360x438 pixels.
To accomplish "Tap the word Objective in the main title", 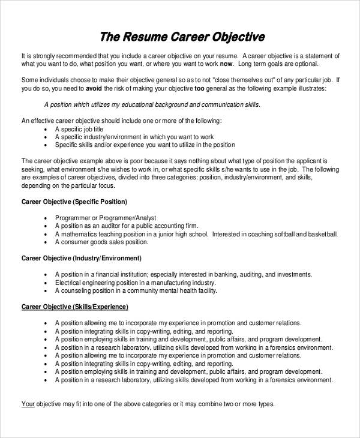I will pos(237,37).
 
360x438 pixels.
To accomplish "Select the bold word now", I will pos(226,64).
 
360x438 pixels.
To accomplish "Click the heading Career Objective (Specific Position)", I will pos(74,202).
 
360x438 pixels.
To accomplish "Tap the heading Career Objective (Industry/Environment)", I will pos(82,258).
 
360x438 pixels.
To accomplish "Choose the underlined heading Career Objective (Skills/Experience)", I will pos(75,307).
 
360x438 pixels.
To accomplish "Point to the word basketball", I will pos(321,234).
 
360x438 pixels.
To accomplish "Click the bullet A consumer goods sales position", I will pos(101,242).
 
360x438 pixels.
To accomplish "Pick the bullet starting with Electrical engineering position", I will pos(135,282).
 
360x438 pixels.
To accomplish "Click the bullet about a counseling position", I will pos(136,290).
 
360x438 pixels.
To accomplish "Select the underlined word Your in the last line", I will pos(28,404).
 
